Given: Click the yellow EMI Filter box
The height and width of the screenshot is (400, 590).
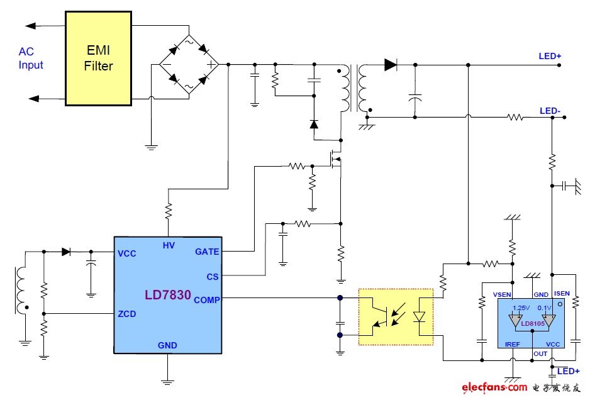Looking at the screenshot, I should tap(98, 57).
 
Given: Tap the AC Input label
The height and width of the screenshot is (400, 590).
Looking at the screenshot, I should tap(31, 58).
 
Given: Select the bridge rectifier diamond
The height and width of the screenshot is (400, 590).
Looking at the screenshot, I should tap(187, 64).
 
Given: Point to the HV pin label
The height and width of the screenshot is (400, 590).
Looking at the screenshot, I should tap(169, 245).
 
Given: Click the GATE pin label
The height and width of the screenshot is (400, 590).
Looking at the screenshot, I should tap(207, 252).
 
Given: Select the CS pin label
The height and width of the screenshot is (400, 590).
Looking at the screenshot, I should tap(213, 276).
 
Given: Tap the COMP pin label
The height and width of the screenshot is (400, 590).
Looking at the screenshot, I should tap(207, 300).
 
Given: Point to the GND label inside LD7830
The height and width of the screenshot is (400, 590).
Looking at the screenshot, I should tap(167, 345).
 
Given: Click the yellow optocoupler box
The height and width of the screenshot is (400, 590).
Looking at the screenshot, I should tap(396, 316).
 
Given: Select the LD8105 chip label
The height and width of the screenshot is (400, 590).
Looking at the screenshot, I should tap(532, 324).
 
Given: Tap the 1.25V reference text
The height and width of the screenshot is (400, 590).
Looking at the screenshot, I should tap(521, 308).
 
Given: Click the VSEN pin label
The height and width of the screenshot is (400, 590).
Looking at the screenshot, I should tap(502, 294).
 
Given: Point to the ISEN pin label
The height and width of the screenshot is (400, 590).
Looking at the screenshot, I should tap(561, 294).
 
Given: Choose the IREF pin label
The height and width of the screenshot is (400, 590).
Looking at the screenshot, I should tap(513, 344).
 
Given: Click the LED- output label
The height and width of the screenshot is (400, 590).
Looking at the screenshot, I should tap(550, 111).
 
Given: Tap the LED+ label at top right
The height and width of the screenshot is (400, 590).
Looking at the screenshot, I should tap(550, 56).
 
